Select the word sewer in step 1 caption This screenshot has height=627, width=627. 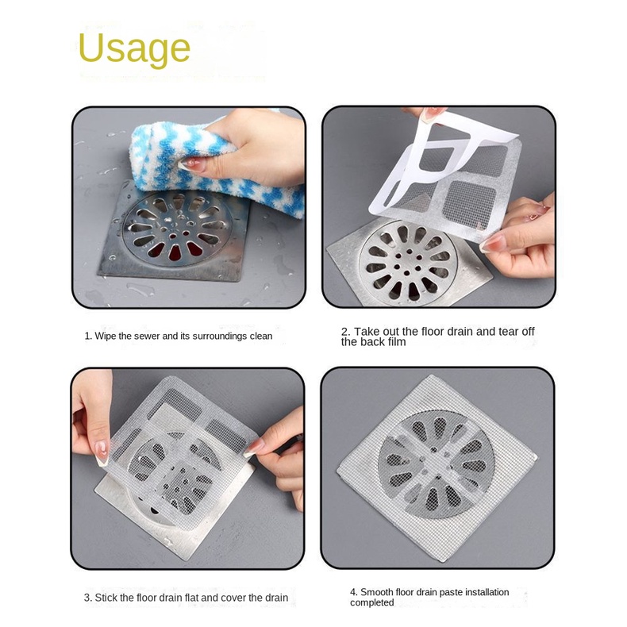point(147,337)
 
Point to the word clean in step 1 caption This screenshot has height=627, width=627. point(261,337)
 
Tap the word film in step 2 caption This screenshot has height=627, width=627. point(396,342)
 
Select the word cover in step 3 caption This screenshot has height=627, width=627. point(233,598)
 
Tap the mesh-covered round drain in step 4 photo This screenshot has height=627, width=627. point(436,463)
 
